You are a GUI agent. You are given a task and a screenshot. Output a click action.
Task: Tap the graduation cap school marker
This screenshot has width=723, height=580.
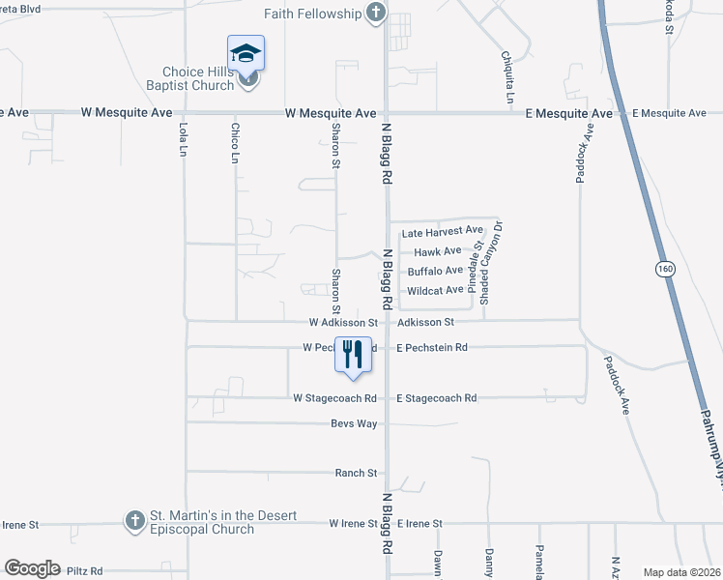click(246, 53)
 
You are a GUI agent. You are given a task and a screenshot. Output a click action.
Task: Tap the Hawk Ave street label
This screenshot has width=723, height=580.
click(437, 251)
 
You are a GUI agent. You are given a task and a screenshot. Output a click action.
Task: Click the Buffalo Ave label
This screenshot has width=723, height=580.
click(435, 272)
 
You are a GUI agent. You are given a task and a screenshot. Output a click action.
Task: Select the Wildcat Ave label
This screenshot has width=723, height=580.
click(435, 290)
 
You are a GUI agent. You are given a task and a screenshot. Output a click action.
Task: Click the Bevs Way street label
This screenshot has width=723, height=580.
click(353, 423)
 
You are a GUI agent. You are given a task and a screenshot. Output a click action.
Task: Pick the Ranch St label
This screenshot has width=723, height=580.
click(354, 473)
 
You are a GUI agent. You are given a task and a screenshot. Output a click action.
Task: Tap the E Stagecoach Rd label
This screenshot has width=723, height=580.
click(437, 398)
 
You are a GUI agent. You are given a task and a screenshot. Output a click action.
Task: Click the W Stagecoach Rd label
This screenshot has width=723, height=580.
click(334, 398)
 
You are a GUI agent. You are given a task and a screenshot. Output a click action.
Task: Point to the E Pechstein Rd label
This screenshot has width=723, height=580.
click(432, 347)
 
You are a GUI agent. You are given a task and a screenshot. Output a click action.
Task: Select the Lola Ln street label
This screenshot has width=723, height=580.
click(183, 140)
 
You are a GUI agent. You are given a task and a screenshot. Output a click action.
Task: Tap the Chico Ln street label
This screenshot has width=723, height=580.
click(234, 142)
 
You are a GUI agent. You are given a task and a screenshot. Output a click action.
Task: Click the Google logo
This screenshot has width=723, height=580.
click(32, 568)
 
